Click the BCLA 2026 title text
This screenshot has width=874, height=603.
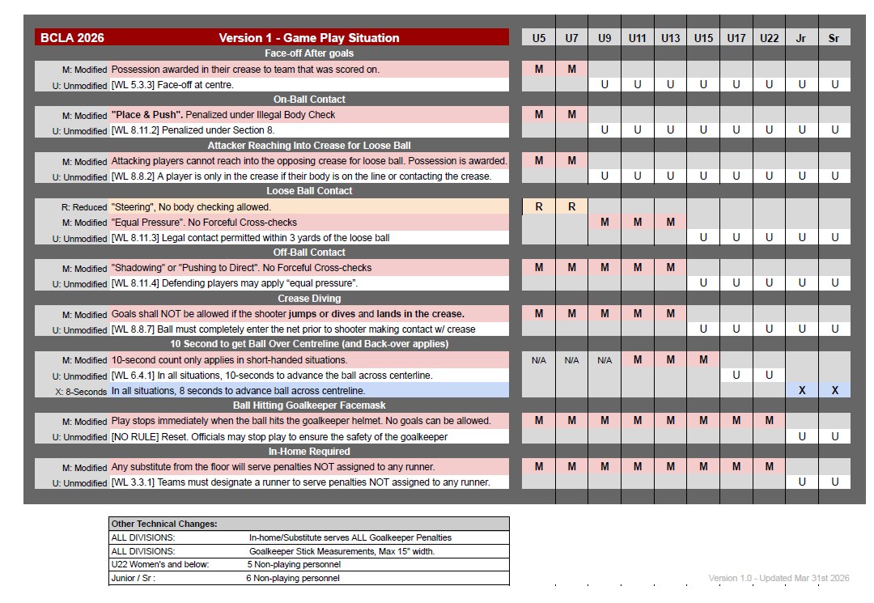tap(72, 38)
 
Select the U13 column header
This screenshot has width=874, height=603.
tap(670, 38)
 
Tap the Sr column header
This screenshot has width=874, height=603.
tap(834, 38)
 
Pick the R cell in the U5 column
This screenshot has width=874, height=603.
tap(539, 206)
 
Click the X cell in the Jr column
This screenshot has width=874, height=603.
tap(801, 390)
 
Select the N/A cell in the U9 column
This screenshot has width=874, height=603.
tap(605, 360)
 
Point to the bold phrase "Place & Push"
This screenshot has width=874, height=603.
tap(142, 115)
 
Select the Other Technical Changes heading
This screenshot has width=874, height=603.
tap(153, 524)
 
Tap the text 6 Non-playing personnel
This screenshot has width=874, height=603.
tap(293, 578)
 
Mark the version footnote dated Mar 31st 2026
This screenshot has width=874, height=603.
tap(779, 578)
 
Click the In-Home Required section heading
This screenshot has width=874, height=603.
tap(309, 452)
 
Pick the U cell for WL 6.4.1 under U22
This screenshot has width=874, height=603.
tap(769, 376)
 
